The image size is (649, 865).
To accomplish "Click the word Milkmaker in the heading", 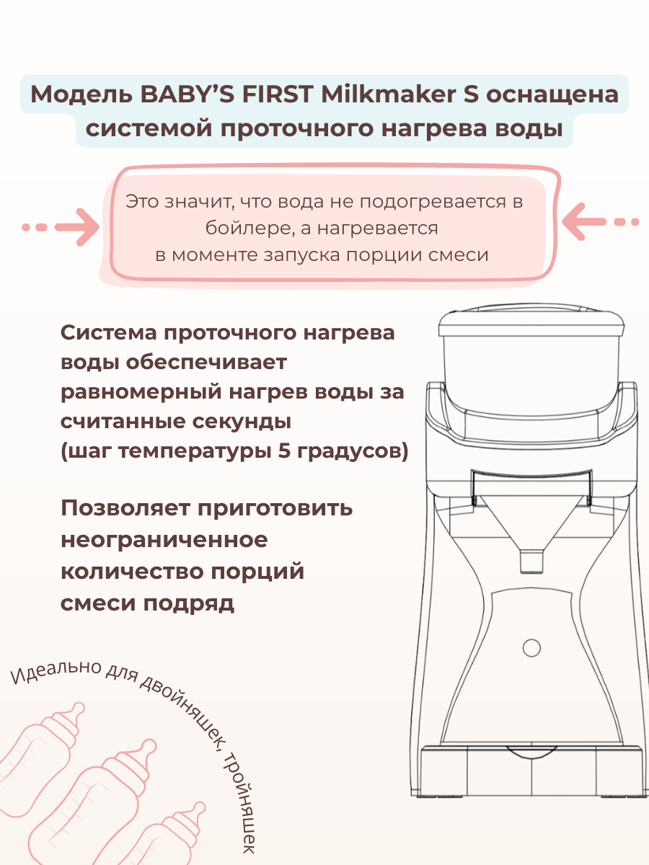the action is point(383,94).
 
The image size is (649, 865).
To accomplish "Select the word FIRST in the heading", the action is point(274,94).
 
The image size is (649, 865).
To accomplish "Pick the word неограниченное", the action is point(164,540).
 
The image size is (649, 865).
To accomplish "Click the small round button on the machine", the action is point(531,647).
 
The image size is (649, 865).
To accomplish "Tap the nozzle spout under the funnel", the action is point(531,560).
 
